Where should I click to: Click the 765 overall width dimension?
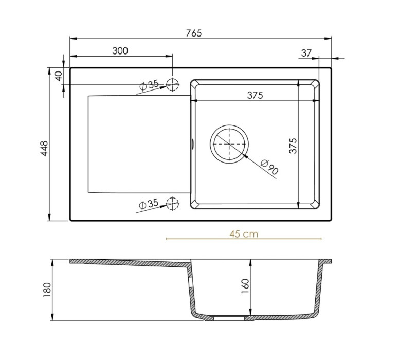194,33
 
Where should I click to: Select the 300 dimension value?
120,51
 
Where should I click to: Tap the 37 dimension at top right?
306,53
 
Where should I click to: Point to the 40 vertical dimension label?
59,76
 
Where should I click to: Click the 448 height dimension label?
44,149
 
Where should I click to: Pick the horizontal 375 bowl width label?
255,95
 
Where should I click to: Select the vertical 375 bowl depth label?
293,146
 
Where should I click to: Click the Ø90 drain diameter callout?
269,167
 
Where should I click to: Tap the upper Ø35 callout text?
149,85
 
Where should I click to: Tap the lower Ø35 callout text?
149,204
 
